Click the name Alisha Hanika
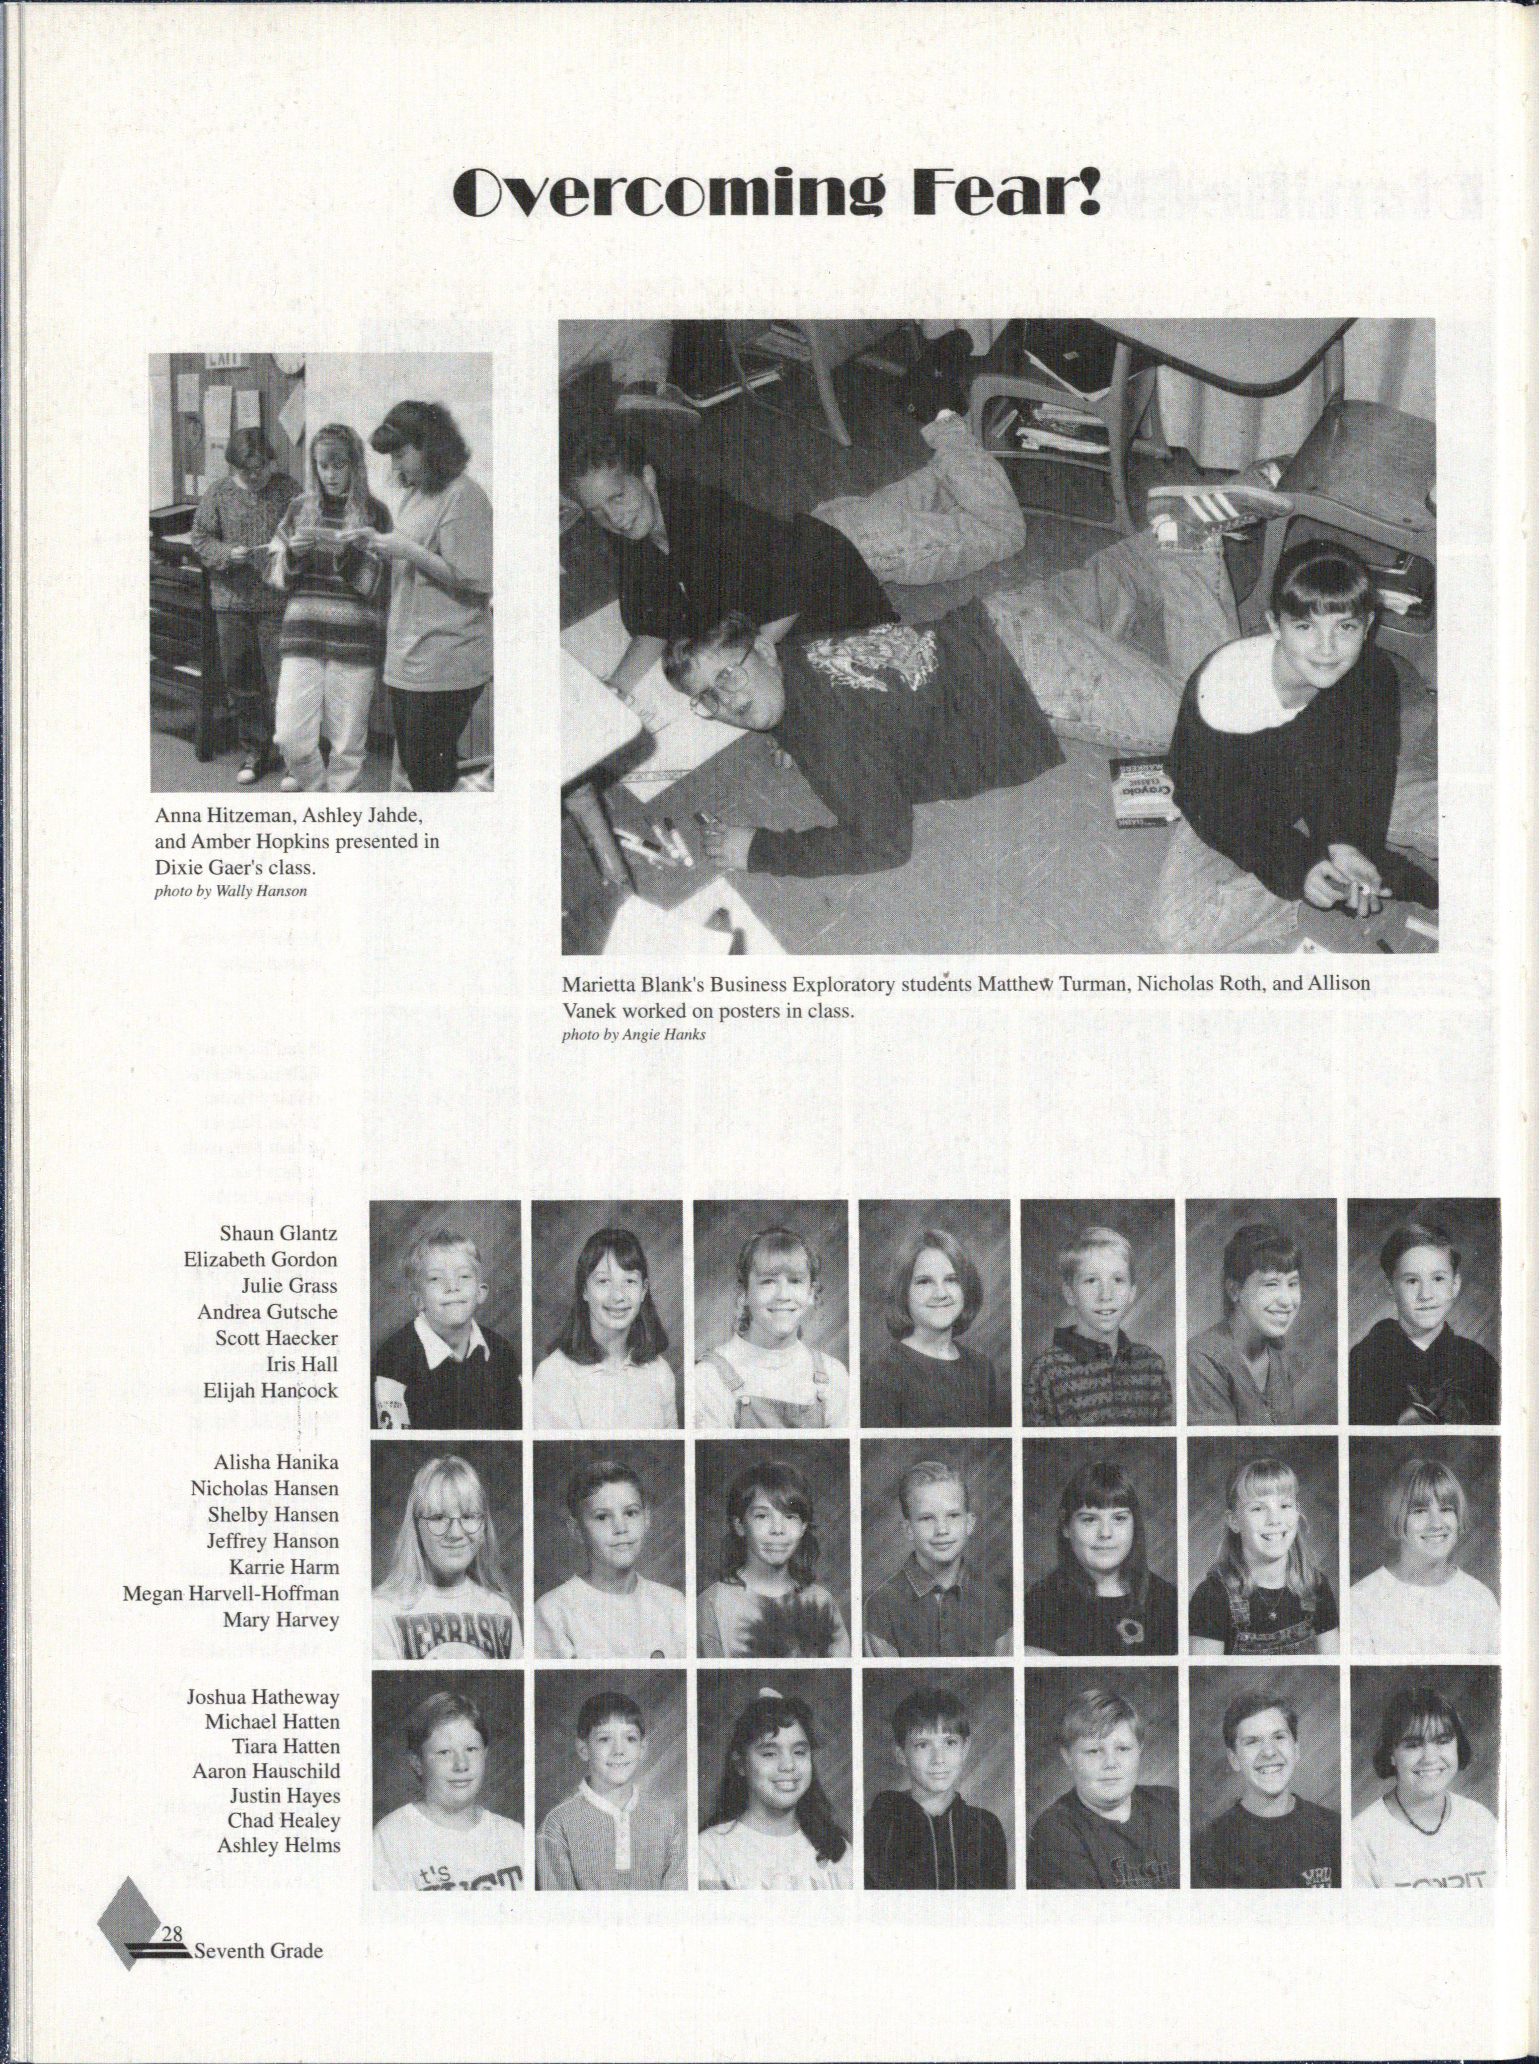276,1462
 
